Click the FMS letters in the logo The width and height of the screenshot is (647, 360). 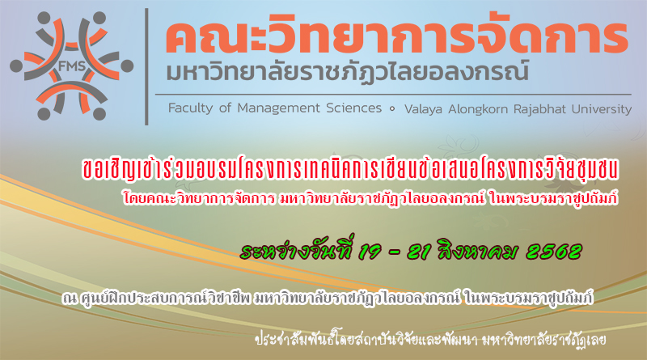(x=72, y=66)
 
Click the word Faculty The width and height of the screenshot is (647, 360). (x=190, y=108)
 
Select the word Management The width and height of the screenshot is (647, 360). (x=278, y=108)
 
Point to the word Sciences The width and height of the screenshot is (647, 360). (x=353, y=108)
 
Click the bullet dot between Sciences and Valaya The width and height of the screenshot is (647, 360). (x=392, y=108)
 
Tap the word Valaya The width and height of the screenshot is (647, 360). (x=423, y=109)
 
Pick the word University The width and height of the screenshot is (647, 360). (x=602, y=109)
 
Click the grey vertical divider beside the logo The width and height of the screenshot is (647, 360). (x=146, y=66)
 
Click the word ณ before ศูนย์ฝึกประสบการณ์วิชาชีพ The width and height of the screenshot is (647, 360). (x=70, y=298)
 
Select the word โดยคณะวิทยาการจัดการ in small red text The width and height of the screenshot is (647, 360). (x=199, y=198)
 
